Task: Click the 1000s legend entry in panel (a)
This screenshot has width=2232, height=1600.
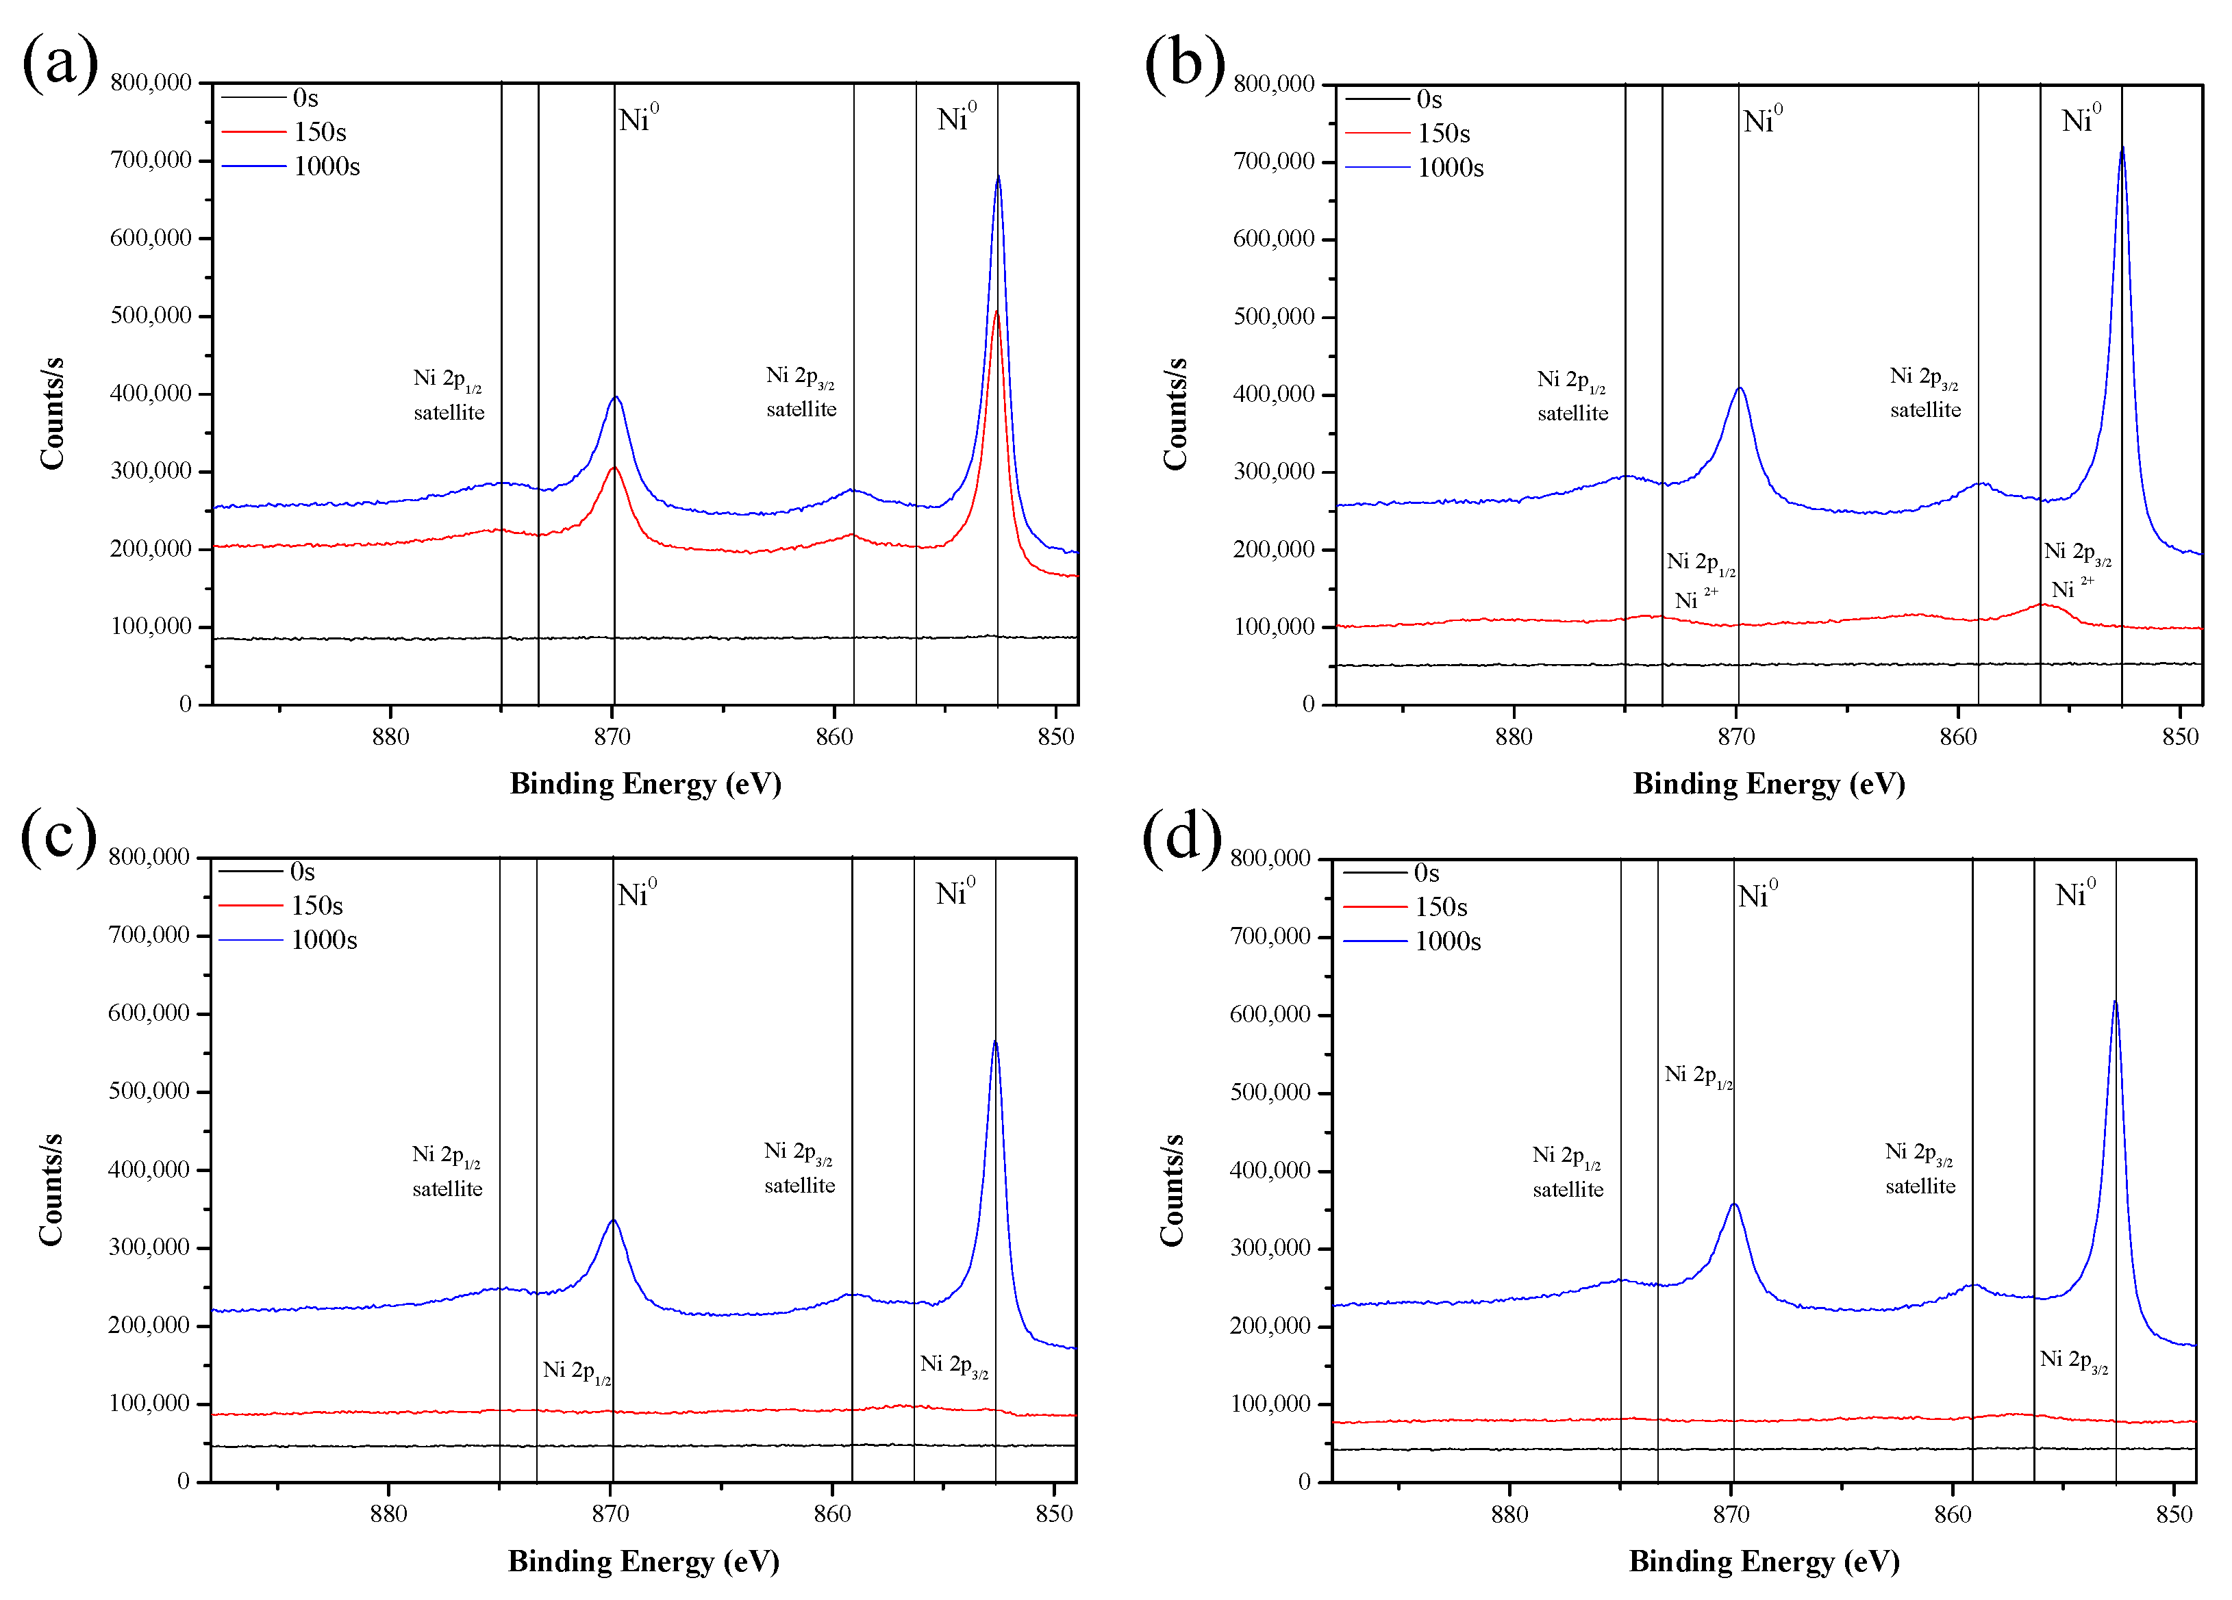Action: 326,166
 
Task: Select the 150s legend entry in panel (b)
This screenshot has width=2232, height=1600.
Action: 1443,133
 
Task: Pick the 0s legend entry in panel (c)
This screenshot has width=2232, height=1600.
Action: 301,872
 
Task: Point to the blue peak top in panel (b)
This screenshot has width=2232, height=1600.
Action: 2121,149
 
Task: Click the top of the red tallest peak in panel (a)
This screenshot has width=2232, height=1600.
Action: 996,313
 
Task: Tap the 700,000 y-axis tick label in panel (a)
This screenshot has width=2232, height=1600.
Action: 151,160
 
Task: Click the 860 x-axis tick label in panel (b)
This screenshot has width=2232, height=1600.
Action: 1957,737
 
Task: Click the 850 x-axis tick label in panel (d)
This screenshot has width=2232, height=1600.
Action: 2174,1514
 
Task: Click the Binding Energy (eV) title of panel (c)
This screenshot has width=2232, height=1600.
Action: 644,1562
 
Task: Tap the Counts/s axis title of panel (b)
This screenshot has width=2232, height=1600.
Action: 1174,414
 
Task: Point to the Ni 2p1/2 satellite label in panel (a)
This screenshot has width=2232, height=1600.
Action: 449,394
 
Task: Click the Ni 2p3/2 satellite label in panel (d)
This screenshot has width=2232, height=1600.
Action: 1920,1168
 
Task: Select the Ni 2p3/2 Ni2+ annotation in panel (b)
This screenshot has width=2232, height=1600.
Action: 2077,570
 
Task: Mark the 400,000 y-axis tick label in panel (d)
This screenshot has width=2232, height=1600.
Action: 1270,1170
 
